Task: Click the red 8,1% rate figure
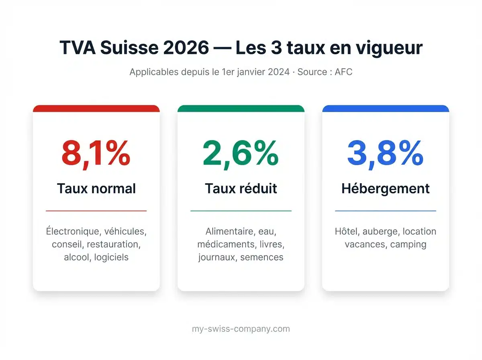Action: click(96, 153)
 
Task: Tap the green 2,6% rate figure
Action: click(241, 153)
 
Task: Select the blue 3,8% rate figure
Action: click(385, 153)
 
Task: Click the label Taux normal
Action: click(96, 188)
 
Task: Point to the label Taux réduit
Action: click(241, 188)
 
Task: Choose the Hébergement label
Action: click(386, 188)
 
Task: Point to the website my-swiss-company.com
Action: click(241, 329)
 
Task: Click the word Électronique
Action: click(73, 231)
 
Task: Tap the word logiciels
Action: click(111, 257)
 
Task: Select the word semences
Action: click(262, 257)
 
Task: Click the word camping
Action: click(408, 244)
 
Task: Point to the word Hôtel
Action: click(346, 231)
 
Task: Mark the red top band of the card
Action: click(96, 108)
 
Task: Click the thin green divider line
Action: click(241, 211)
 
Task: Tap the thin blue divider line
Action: click(386, 211)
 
